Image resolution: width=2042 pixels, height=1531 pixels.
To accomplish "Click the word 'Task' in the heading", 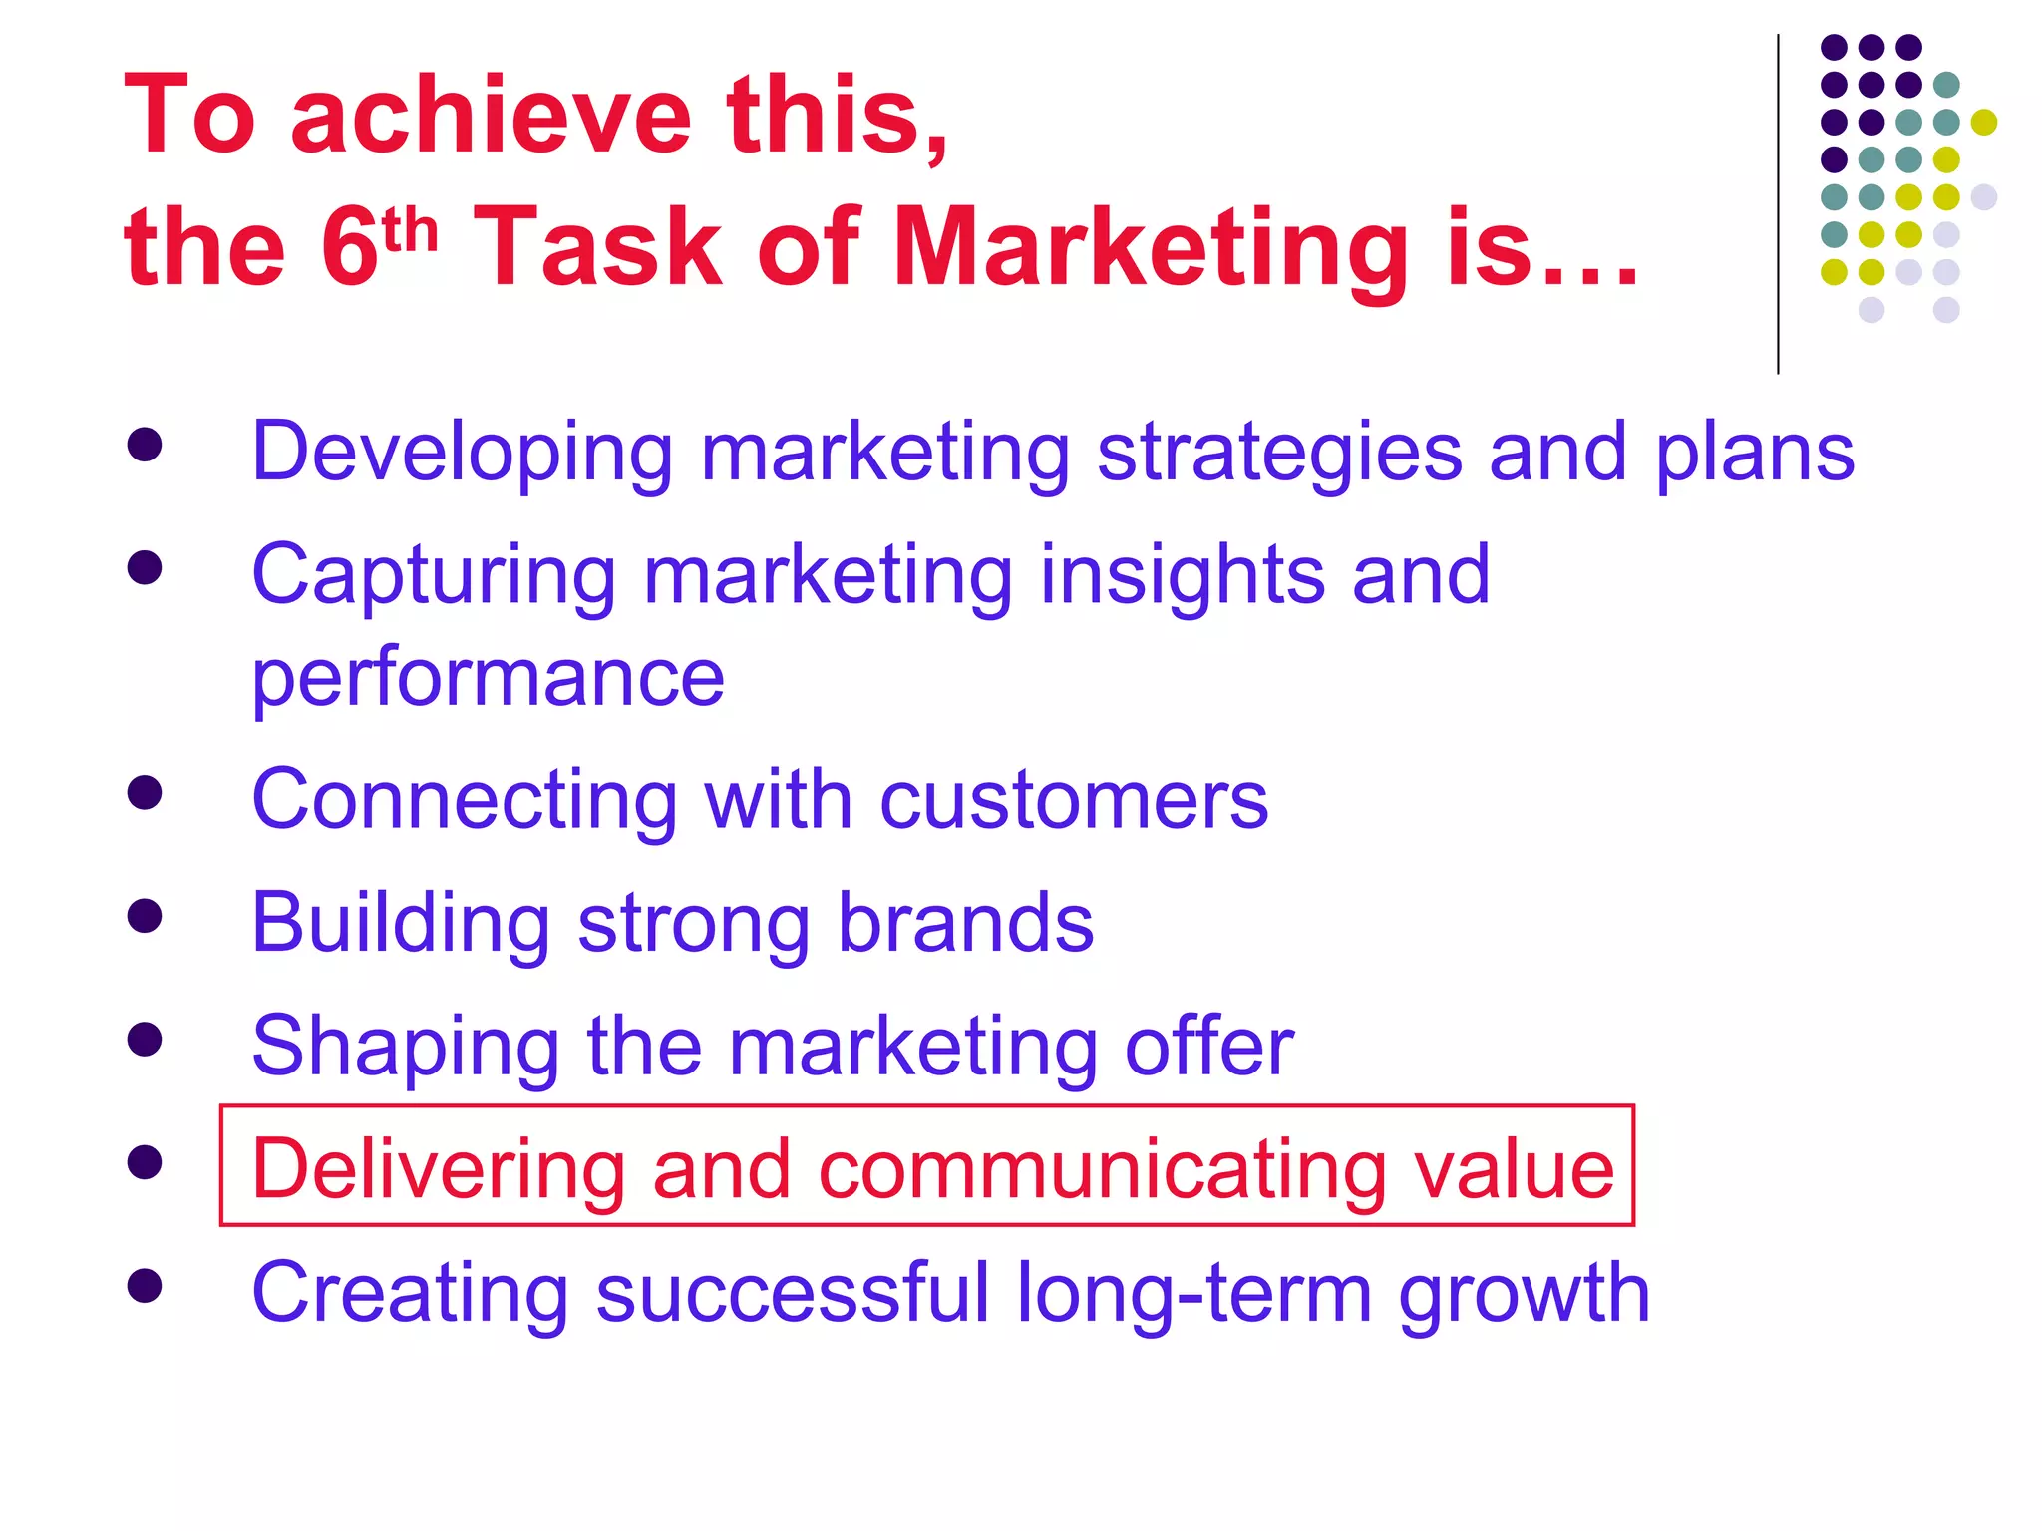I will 597,249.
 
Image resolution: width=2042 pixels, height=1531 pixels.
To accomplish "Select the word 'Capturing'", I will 434,576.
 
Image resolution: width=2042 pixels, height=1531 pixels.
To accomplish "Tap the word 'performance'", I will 488,678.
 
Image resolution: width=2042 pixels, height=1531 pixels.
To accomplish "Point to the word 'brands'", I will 965,923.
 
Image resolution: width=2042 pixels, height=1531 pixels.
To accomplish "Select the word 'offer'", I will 1208,1046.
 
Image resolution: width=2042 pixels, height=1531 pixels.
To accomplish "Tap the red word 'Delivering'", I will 439,1169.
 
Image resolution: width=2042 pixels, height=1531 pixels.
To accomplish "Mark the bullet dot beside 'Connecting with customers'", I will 146,793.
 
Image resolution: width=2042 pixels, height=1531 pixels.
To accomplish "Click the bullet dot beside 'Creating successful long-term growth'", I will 146,1286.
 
